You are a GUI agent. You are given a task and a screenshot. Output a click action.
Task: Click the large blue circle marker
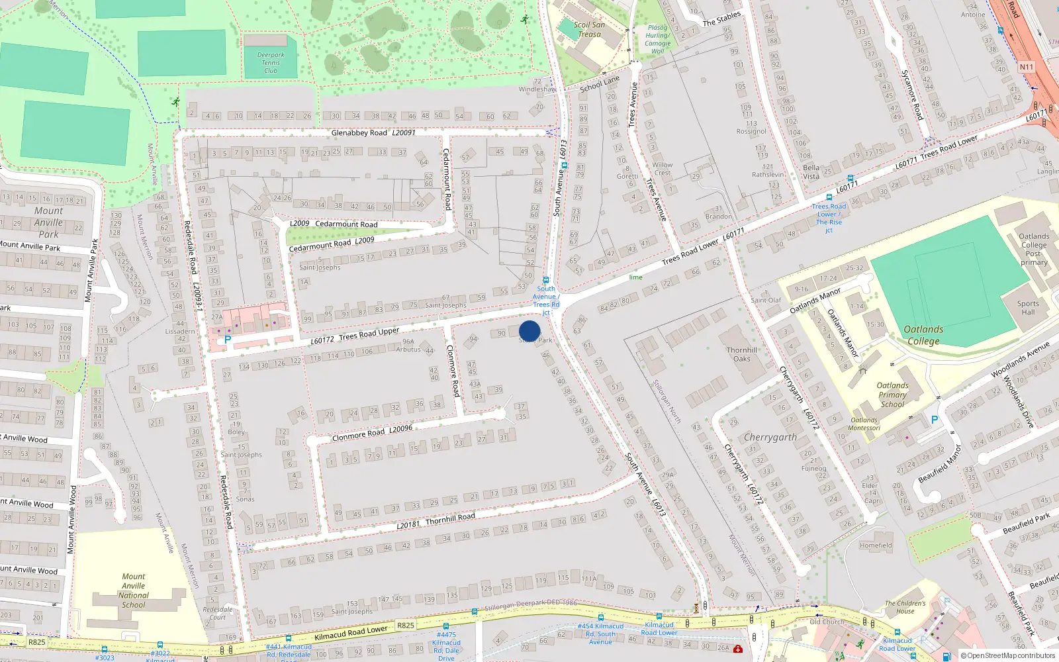pyautogui.click(x=529, y=331)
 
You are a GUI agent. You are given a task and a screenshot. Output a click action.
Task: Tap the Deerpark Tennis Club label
pyautogui.click(x=271, y=63)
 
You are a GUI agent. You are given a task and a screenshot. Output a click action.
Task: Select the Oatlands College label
pyautogui.click(x=923, y=335)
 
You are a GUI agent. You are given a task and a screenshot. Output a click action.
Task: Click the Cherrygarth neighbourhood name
pyautogui.click(x=770, y=438)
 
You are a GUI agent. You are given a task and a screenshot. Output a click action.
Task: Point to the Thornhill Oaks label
pyautogui.click(x=742, y=354)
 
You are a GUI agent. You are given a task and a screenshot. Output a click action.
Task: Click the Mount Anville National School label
pyautogui.click(x=134, y=591)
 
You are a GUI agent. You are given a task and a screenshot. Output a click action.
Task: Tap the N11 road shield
pyautogui.click(x=1026, y=67)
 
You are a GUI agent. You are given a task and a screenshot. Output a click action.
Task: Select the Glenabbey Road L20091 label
pyautogui.click(x=373, y=133)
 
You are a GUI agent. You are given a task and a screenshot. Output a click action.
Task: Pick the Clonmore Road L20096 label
pyautogui.click(x=372, y=433)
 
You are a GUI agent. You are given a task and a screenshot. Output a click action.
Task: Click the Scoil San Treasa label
pyautogui.click(x=589, y=30)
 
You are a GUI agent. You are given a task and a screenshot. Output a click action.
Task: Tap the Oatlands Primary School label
pyautogui.click(x=892, y=395)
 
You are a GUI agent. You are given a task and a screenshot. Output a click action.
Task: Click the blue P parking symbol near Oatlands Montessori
pyautogui.click(x=935, y=420)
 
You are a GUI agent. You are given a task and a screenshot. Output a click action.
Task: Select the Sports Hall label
pyautogui.click(x=1028, y=308)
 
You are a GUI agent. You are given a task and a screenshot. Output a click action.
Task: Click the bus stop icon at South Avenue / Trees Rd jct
pyautogui.click(x=546, y=280)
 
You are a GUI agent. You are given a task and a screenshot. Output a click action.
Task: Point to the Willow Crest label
pyautogui.click(x=662, y=169)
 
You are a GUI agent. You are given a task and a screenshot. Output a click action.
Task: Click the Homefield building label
pyautogui.click(x=876, y=545)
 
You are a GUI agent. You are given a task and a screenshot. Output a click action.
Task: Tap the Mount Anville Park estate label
pyautogui.click(x=48, y=222)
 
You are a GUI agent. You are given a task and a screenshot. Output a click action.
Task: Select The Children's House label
pyautogui.click(x=905, y=607)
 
